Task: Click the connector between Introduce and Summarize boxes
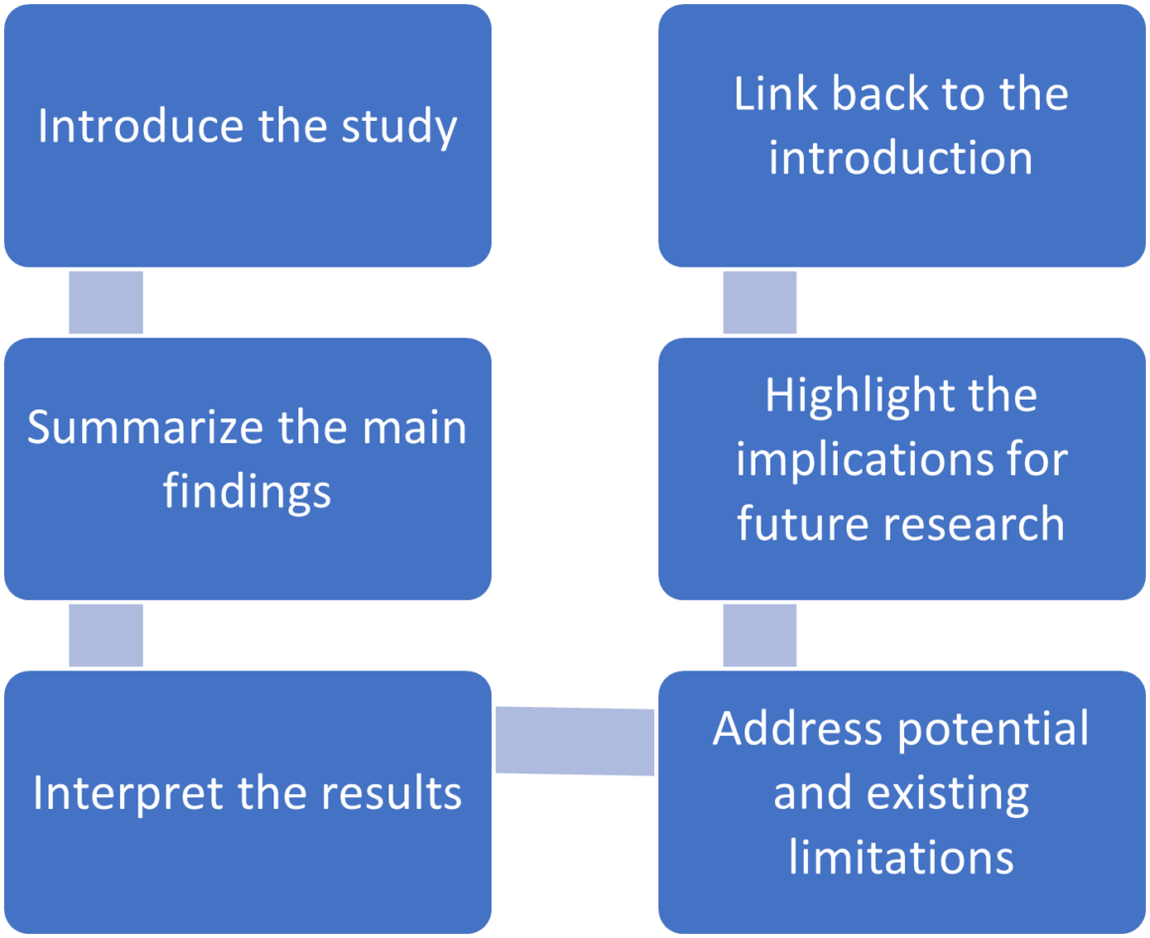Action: point(106,302)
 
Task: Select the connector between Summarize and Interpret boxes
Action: point(106,636)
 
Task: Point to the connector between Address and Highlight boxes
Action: point(759,636)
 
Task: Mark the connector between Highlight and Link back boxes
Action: point(759,302)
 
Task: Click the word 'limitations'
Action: point(901,857)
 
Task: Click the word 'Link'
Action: point(776,94)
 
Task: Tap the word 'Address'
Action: point(798,730)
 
